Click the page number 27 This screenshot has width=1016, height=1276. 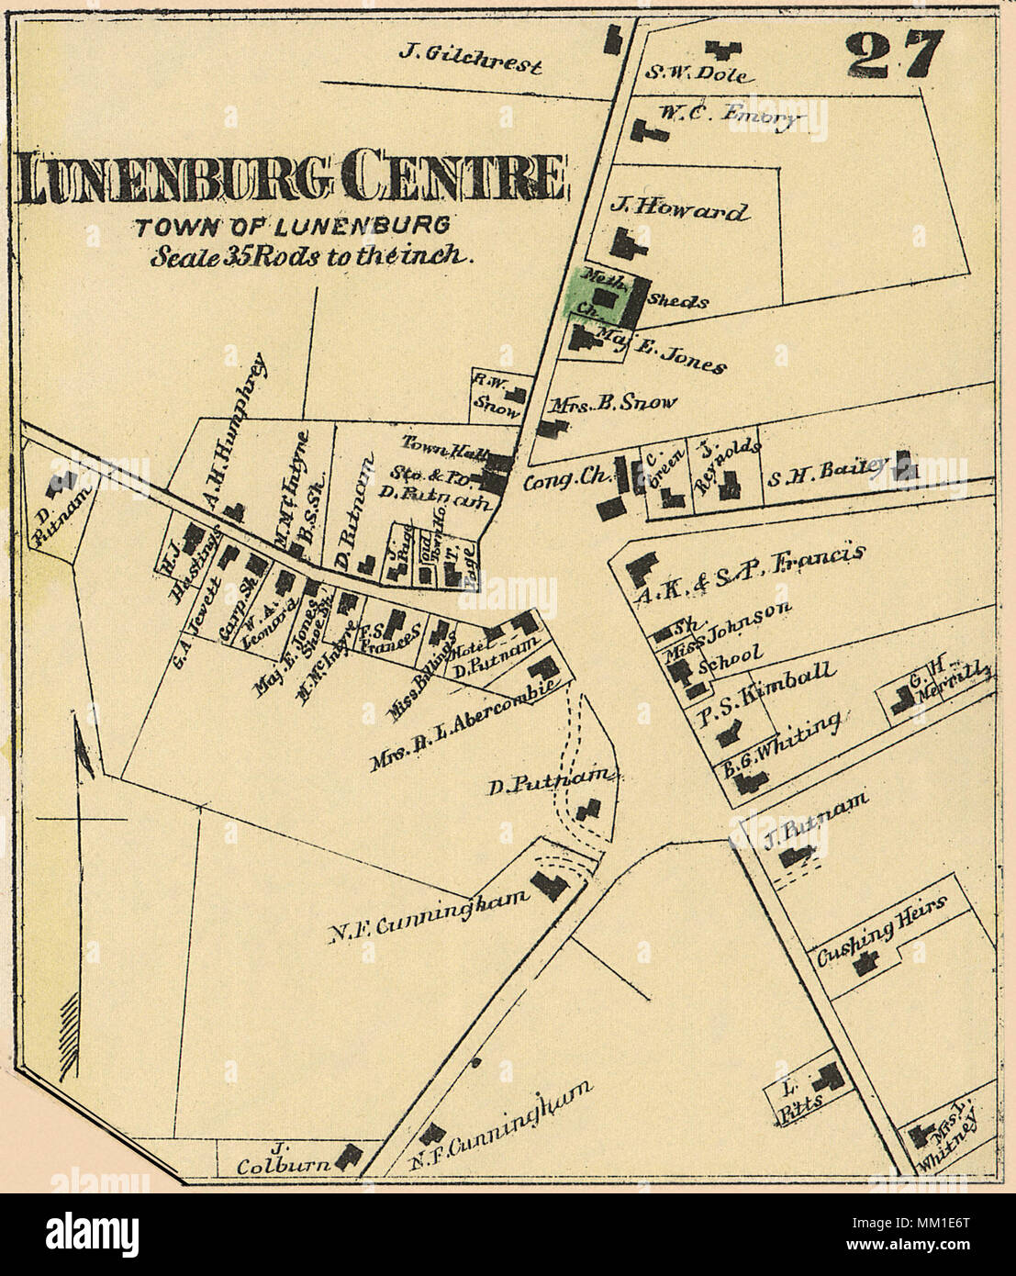point(894,57)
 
